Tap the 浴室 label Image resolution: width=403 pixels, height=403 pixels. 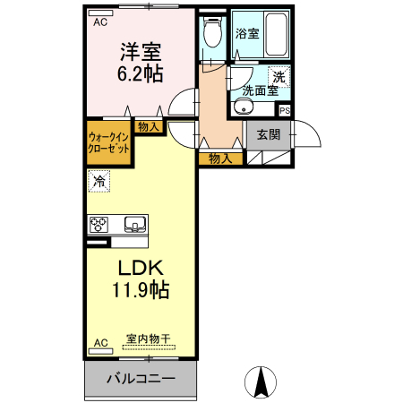click(246, 33)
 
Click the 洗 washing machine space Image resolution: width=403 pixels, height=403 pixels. click(279, 77)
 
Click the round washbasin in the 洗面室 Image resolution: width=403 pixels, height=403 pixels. click(240, 108)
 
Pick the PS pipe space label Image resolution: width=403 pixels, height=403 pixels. click(284, 111)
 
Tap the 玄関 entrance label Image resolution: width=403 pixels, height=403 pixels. click(268, 135)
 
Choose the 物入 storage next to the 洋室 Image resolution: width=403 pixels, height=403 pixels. click(149, 128)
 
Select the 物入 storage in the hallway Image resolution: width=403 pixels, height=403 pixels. click(220, 159)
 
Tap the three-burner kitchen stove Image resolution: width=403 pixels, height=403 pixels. click(99, 224)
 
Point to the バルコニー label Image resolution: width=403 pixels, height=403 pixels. click(141, 379)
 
